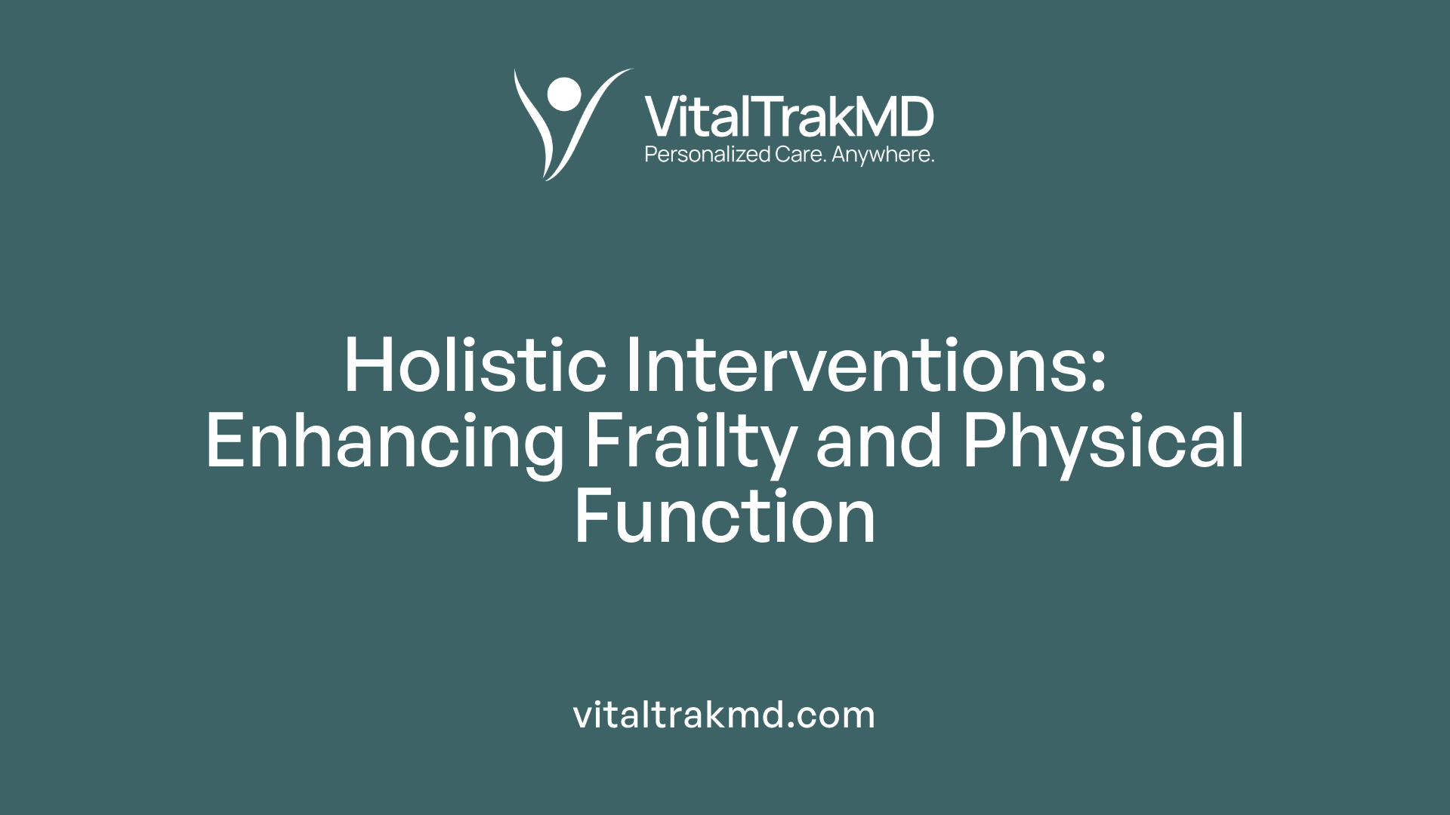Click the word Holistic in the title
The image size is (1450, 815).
pos(475,366)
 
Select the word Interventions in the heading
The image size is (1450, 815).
pos(853,366)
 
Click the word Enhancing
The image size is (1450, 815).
pos(384,443)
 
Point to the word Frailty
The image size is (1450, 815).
pos(690,443)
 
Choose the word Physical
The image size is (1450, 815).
pos(1103,443)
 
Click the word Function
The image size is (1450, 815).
pos(725,518)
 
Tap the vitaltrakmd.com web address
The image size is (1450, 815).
pos(724,715)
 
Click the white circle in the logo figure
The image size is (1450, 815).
pos(564,94)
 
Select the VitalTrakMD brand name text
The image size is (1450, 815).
pos(788,117)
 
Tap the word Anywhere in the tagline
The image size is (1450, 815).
pos(882,155)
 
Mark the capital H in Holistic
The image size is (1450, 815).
pos(370,366)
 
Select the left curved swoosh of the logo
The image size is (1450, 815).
pos(532,125)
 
